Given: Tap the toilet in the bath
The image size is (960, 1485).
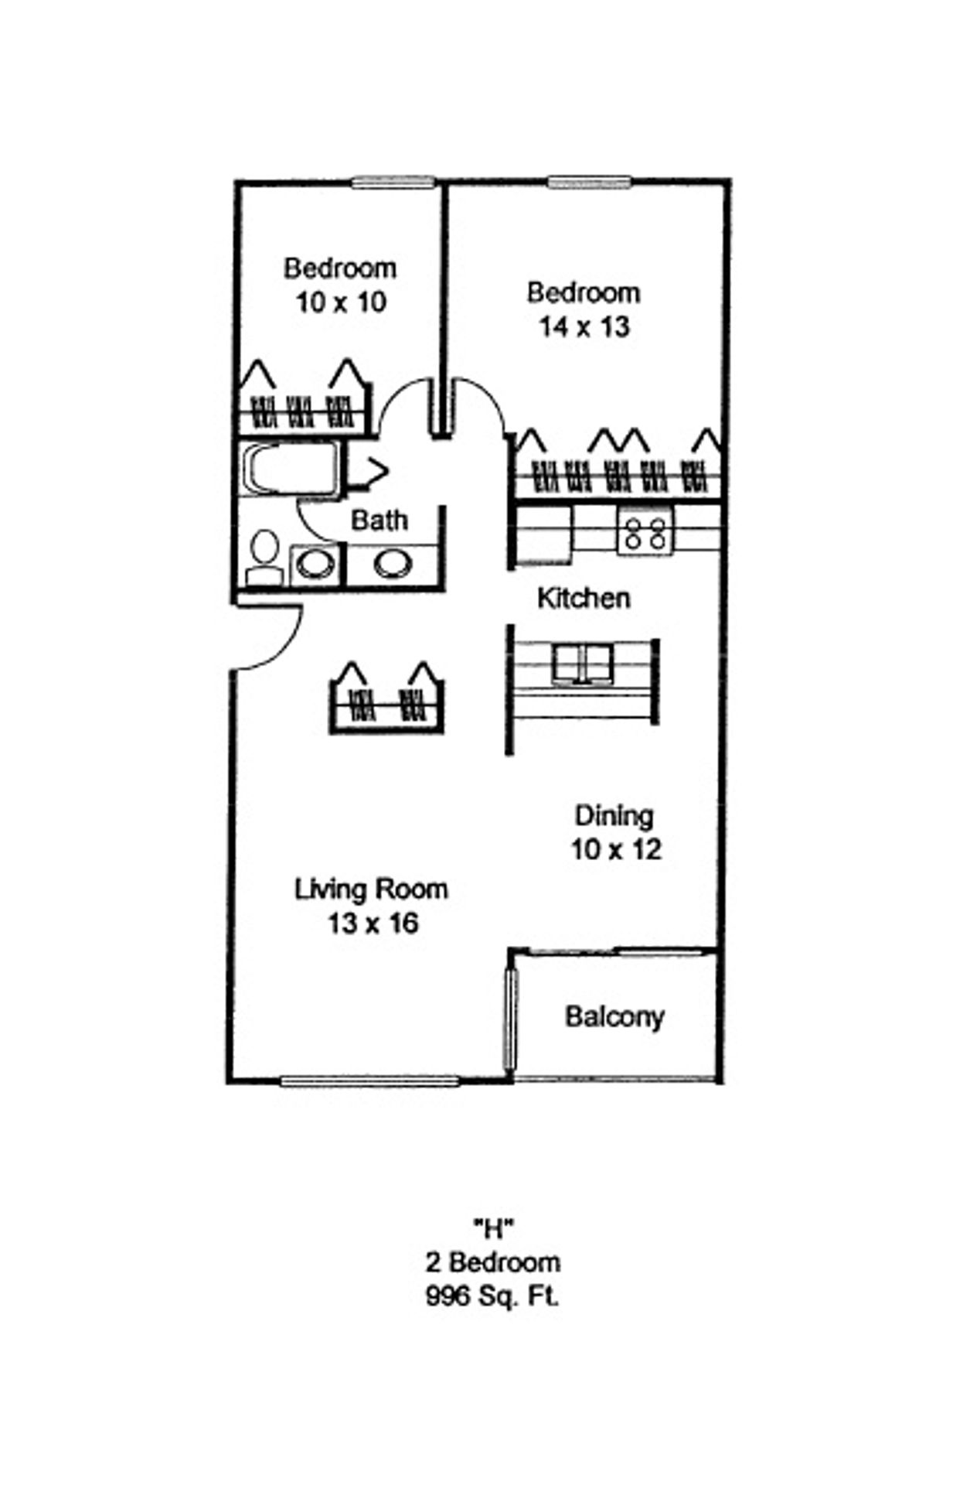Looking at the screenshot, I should tap(264, 558).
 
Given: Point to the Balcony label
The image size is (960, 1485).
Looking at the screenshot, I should tap(614, 1016).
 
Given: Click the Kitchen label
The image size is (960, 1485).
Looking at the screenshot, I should tap(584, 598).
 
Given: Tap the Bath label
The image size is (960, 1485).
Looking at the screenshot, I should tap(379, 520).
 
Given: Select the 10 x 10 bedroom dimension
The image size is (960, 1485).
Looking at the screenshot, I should tap(340, 302).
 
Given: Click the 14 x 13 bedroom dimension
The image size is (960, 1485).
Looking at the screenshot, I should tap(584, 327).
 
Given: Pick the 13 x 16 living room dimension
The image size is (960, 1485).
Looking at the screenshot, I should tap(373, 923).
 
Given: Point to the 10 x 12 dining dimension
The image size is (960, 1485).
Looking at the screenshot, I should tap(616, 850).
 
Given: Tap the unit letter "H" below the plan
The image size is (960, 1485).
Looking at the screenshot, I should tap(493, 1227).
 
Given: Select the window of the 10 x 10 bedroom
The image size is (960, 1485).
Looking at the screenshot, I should tap(393, 183).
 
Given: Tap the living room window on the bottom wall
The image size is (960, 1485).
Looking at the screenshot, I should tap(369, 1081).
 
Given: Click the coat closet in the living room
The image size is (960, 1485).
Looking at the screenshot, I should tap(386, 701).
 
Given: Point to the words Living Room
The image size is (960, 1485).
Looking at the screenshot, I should tap(371, 889).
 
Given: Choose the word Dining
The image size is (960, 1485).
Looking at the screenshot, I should tap(614, 816).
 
